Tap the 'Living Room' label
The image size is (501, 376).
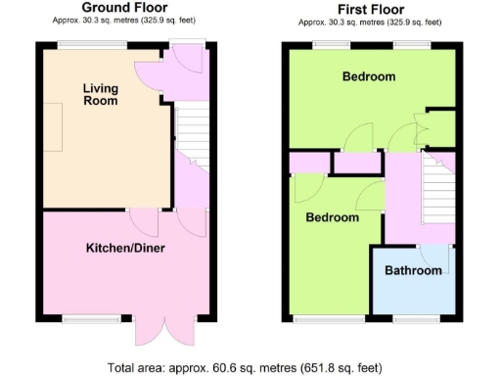[99, 95]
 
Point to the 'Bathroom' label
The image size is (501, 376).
[412, 270]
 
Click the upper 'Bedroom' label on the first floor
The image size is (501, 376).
[368, 76]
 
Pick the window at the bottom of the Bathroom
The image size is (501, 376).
[413, 319]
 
